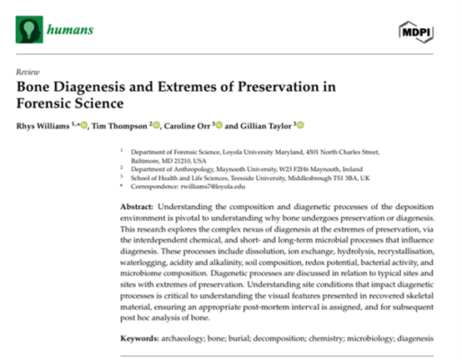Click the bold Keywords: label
point(143,338)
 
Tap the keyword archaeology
point(195,338)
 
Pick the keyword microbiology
point(368,338)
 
